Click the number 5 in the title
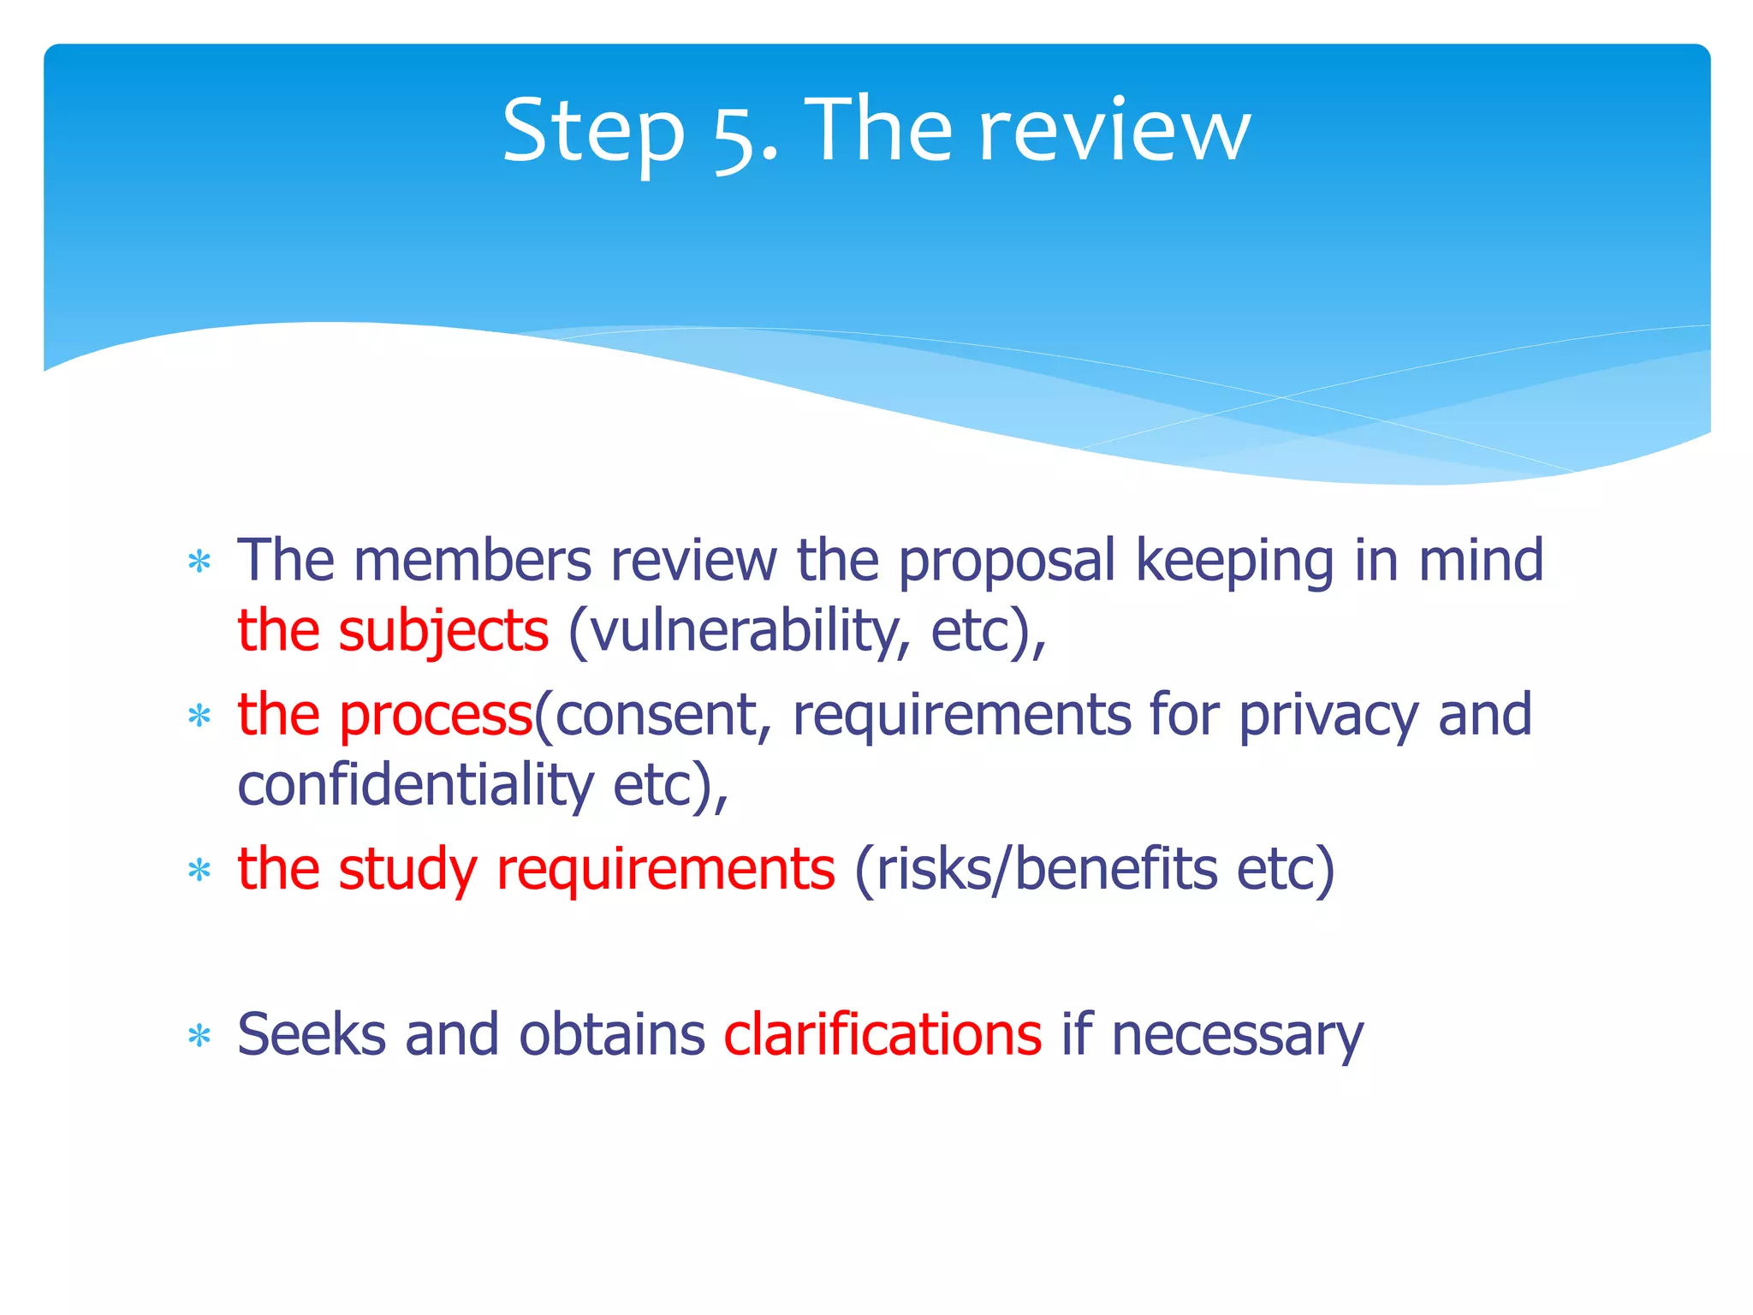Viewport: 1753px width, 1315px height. tap(733, 134)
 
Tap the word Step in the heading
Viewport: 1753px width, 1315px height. tap(593, 133)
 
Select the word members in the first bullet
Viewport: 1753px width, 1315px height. tap(472, 561)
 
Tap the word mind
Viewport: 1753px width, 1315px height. tap(1480, 561)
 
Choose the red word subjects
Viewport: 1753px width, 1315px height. tap(443, 632)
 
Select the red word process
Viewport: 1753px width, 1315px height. tap(437, 716)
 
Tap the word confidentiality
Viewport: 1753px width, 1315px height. tap(415, 785)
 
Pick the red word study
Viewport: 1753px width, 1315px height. tap(407, 870)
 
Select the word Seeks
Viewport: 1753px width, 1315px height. tap(311, 1034)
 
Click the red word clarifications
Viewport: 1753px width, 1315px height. tap(882, 1034)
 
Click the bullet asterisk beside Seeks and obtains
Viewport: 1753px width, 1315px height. tap(199, 1037)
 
